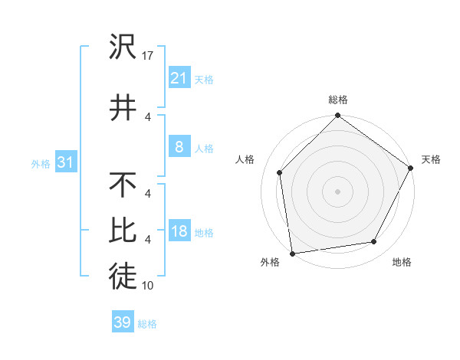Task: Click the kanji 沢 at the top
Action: coord(123,48)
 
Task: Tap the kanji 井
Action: coord(123,106)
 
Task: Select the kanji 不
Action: coord(123,185)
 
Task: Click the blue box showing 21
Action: coord(179,78)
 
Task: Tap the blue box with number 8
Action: coord(179,147)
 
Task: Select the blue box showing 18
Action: coord(179,232)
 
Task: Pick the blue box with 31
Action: coord(65,163)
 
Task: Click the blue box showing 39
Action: coord(122,322)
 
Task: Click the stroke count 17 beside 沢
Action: coord(149,55)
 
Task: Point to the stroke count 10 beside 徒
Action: coord(149,286)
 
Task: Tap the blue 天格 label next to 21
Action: coord(204,79)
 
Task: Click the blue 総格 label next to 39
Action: coord(147,324)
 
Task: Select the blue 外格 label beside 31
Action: coord(40,164)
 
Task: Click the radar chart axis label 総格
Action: coord(338,100)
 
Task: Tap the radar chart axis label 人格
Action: coord(245,159)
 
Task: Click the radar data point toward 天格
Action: coord(411,169)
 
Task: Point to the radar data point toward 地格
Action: coord(374,242)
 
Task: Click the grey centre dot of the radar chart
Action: coord(337,191)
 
